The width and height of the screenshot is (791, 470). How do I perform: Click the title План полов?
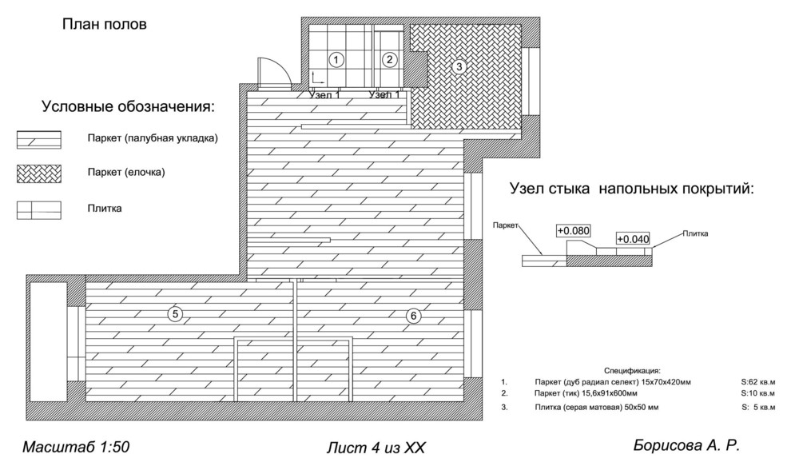click(x=105, y=25)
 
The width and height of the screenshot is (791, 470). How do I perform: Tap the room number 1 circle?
click(x=336, y=59)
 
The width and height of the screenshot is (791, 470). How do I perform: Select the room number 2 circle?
click(x=389, y=59)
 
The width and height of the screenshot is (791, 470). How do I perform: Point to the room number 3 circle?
click(x=458, y=67)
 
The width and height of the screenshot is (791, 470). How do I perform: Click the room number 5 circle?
click(x=175, y=314)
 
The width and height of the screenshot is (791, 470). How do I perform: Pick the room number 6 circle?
click(x=412, y=316)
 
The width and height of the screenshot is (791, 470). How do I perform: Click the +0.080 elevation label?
click(x=574, y=231)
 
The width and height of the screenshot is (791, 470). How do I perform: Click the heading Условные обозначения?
click(x=129, y=106)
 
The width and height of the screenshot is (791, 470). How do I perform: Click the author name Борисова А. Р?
click(x=692, y=444)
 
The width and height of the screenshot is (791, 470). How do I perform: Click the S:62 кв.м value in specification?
click(x=757, y=382)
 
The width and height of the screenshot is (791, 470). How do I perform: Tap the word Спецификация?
click(x=632, y=371)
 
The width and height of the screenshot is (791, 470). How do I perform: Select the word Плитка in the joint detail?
click(x=695, y=233)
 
